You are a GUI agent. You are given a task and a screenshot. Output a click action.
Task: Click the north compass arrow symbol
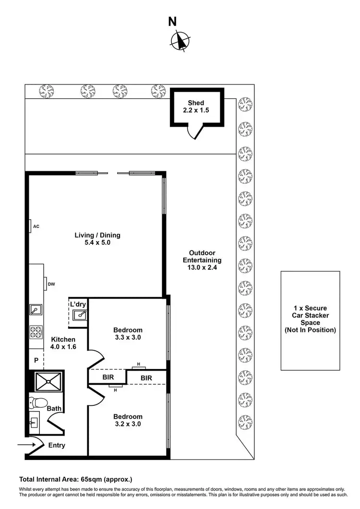coord(180,41)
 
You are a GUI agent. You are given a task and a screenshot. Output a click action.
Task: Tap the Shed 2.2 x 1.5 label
coord(196,107)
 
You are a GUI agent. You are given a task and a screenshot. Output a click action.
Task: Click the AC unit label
coord(36,225)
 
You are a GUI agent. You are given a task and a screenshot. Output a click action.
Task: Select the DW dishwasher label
coord(51,284)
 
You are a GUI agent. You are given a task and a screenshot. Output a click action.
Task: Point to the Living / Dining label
coord(97,239)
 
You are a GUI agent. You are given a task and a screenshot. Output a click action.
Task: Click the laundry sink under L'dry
coord(80,315)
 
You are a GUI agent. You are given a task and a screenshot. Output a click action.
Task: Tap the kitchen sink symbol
coord(36,310)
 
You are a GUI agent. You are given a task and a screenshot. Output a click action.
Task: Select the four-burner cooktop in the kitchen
coord(36,331)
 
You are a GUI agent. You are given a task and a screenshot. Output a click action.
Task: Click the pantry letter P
coord(36,360)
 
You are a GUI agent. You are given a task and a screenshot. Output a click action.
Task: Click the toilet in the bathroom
coord(37,402)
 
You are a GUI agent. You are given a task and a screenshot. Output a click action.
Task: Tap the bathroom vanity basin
coord(35,423)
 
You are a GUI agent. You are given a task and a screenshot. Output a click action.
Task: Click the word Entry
coord(57,445)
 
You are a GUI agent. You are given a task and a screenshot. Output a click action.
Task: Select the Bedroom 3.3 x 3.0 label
coord(128,333)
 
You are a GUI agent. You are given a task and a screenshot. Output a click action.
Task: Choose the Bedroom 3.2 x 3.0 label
coord(128,420)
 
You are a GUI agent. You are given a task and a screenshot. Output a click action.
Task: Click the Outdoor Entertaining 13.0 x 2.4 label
coord(202,260)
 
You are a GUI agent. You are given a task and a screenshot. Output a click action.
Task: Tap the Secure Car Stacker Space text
coord(311,319)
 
